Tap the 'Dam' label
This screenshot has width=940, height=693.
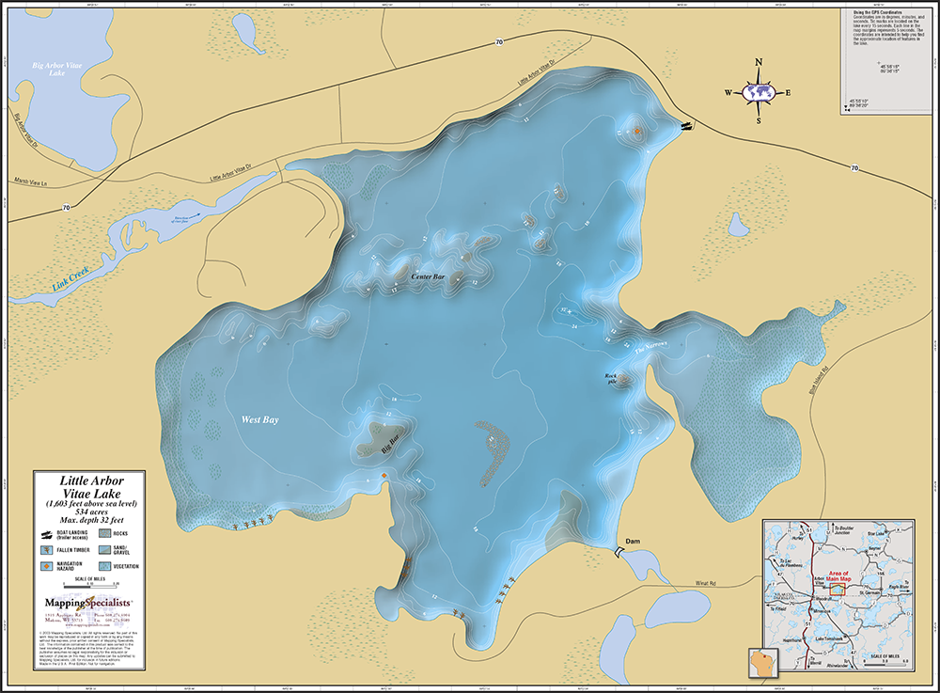633,542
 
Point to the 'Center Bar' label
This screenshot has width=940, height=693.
428,277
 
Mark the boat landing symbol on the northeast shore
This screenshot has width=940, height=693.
686,125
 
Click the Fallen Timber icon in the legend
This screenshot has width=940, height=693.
47,549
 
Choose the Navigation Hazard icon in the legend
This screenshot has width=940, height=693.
47,566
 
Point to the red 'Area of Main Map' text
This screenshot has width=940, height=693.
831,574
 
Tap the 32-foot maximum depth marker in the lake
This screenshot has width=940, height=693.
566,309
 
